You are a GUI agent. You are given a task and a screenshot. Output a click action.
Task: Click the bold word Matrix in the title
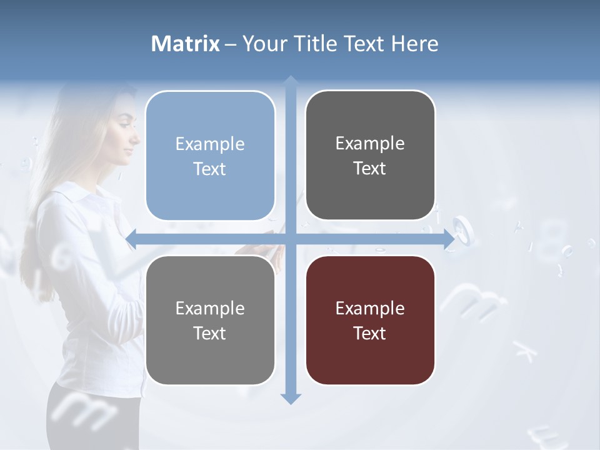[186, 44]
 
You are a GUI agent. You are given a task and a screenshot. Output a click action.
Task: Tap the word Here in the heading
[414, 44]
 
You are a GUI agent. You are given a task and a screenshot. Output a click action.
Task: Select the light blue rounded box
[210, 156]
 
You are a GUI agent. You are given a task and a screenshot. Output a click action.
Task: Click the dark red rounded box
[370, 320]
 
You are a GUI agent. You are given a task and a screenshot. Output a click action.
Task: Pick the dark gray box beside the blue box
[370, 155]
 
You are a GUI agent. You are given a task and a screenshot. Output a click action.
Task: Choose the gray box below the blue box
[210, 320]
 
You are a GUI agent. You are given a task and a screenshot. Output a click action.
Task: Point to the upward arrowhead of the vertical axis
[291, 82]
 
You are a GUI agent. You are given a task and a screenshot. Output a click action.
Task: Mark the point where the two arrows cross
[291, 239]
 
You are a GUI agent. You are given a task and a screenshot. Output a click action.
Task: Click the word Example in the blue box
[210, 144]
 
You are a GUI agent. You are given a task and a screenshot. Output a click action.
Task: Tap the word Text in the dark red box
[370, 333]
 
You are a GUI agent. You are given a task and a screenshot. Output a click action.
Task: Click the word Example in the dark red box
[370, 308]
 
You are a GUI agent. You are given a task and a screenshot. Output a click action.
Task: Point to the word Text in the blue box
[210, 169]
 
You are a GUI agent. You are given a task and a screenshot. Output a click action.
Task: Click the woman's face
[125, 134]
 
